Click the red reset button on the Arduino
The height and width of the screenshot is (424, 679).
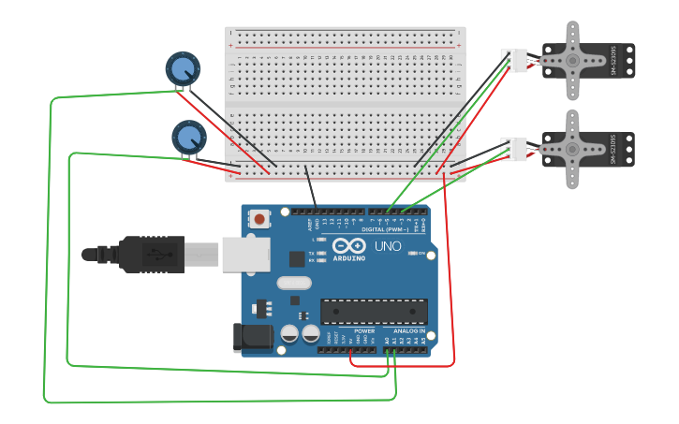(259, 220)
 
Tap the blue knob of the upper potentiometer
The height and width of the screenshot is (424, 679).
(183, 68)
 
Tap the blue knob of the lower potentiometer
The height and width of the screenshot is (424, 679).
(188, 137)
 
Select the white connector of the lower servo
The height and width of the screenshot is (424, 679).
(513, 149)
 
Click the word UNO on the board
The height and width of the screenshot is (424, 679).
(388, 246)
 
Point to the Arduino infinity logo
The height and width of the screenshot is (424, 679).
(347, 245)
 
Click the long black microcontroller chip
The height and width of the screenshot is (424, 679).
(374, 312)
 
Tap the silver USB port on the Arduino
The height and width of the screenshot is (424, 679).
(245, 254)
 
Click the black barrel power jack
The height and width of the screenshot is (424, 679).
(252, 338)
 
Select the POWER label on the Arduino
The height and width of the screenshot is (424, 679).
(364, 331)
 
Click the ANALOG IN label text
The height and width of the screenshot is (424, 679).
(408, 331)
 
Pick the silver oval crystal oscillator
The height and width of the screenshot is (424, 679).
(293, 282)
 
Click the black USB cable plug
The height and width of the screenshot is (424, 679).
(150, 255)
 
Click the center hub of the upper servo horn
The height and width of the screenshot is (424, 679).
(572, 60)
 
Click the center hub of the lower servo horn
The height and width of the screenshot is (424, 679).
(572, 149)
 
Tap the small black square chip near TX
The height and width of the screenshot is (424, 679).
(297, 258)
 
